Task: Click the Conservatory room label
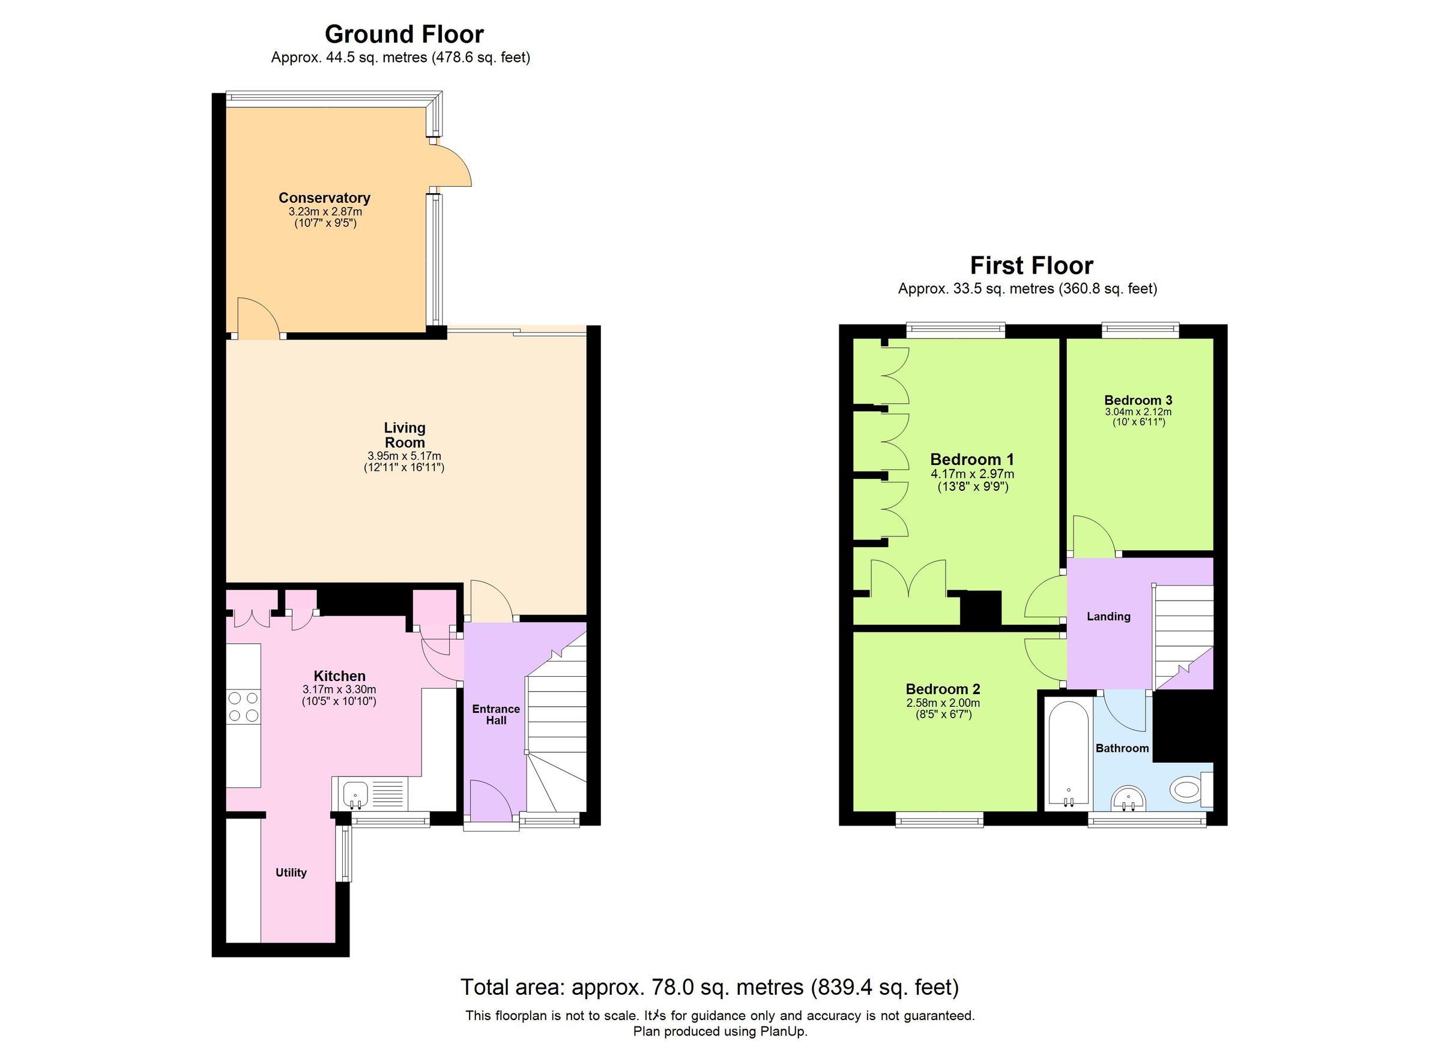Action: [x=324, y=198]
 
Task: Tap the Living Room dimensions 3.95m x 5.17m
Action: [x=404, y=456]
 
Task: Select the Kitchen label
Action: [x=339, y=676]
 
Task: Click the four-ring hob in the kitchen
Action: [x=243, y=707]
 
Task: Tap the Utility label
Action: [x=291, y=872]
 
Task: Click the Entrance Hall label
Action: [x=495, y=714]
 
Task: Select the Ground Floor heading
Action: [x=404, y=34]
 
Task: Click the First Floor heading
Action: [x=1031, y=265]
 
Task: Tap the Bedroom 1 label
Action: [x=972, y=459]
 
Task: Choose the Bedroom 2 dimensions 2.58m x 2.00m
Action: [x=943, y=703]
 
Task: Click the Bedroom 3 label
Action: [x=1138, y=400]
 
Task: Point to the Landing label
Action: [x=1108, y=616]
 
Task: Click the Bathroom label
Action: [x=1122, y=749]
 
